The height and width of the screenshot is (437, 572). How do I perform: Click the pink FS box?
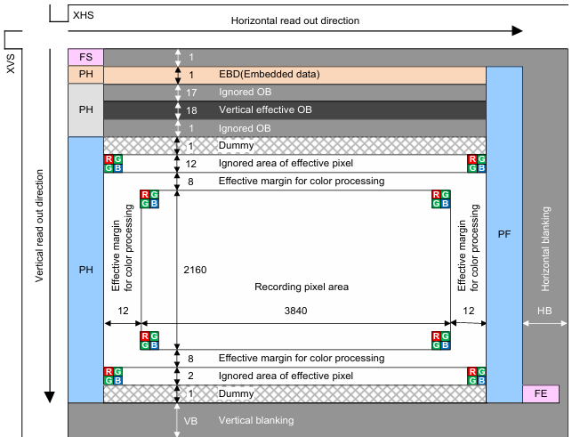(85, 58)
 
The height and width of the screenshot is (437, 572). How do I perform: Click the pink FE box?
(540, 393)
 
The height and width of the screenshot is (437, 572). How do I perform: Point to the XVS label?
(11, 61)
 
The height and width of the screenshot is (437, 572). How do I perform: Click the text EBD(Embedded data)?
(269, 75)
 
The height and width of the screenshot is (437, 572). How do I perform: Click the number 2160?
(196, 269)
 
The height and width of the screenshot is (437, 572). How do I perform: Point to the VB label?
(189, 419)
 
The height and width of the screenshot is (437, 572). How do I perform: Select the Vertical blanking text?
(256, 419)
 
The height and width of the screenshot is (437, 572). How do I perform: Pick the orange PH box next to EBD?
(85, 75)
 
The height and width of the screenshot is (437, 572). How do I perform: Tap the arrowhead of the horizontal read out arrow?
(517, 31)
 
